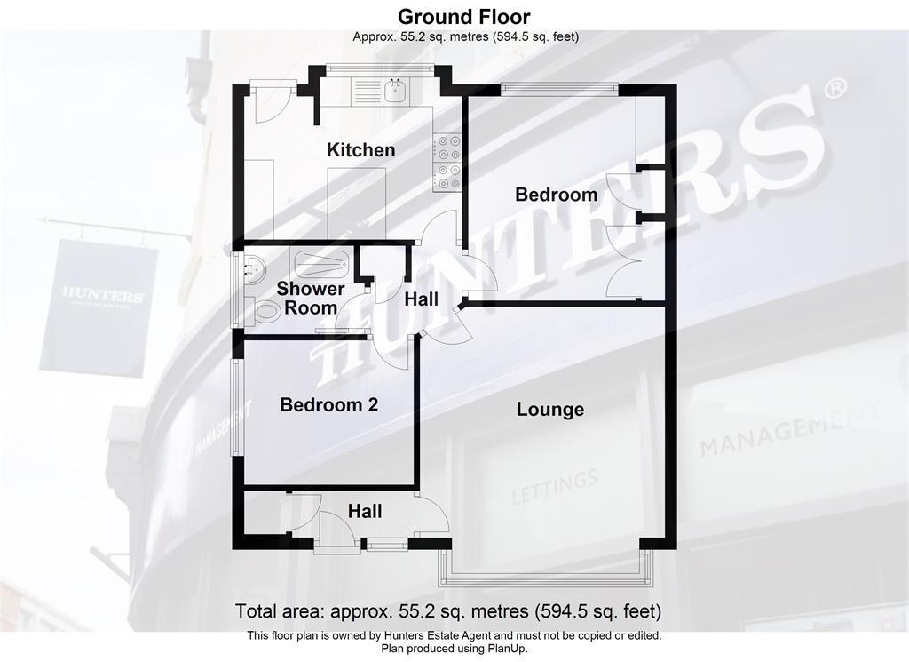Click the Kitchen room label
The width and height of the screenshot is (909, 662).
click(x=360, y=149)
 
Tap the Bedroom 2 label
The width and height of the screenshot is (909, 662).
click(x=328, y=405)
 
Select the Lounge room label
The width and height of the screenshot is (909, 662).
click(x=550, y=410)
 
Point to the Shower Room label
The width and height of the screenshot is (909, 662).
click(x=311, y=299)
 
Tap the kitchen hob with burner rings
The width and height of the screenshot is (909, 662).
click(x=447, y=163)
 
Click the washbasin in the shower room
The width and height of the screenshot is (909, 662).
click(x=251, y=266)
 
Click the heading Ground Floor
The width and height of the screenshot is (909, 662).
click(x=463, y=16)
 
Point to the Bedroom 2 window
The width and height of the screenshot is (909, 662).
click(x=236, y=407)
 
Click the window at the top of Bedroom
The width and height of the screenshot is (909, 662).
click(x=557, y=87)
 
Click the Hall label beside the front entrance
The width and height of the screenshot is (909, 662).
click(x=365, y=511)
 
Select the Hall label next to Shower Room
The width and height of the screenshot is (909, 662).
click(x=421, y=300)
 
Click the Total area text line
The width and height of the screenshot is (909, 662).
click(x=447, y=611)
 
